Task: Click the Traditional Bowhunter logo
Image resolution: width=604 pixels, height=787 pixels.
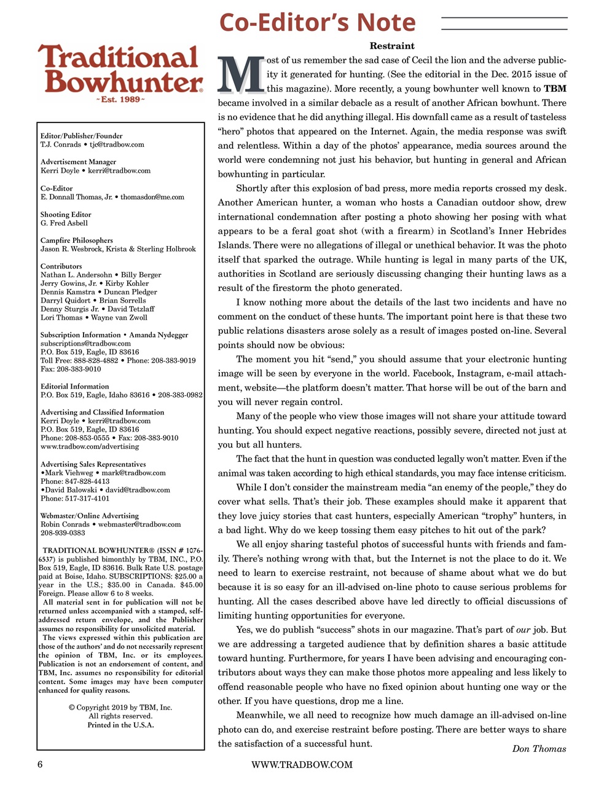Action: [120, 72]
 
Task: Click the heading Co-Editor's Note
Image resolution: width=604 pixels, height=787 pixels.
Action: [317, 23]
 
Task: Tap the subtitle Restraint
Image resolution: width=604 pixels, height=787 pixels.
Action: [392, 46]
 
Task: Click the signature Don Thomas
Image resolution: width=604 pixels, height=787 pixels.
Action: [539, 748]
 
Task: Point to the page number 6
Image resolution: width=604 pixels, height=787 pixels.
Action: [40, 764]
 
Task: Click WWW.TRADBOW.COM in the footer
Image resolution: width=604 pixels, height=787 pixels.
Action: [302, 764]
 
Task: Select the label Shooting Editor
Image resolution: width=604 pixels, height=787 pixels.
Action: [66, 215]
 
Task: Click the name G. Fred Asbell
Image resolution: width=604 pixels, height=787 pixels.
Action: [64, 223]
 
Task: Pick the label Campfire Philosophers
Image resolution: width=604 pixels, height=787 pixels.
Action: [77, 240]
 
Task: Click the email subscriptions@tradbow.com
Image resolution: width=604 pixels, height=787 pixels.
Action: [85, 343]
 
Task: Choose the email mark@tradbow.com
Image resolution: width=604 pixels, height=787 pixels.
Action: [133, 473]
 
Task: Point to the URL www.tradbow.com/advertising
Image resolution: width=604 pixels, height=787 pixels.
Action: [90, 446]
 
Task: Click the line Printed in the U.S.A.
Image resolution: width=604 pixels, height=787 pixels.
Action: [120, 725]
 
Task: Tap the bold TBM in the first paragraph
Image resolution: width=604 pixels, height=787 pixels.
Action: [555, 89]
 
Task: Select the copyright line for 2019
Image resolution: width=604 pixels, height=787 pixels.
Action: [120, 708]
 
